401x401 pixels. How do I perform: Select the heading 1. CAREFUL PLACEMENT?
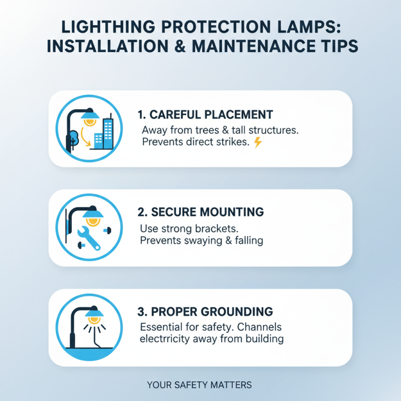(205, 114)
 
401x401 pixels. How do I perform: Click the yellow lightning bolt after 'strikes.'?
(258, 142)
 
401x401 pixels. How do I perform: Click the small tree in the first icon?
(73, 137)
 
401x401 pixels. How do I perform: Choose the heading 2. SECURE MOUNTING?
(200, 212)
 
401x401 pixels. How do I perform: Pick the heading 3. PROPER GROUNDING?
(205, 311)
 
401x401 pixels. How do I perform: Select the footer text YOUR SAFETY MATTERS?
(199, 385)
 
